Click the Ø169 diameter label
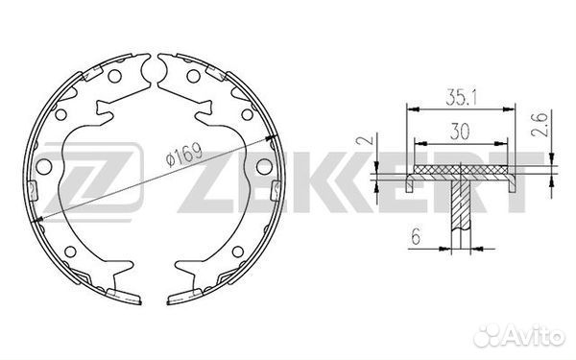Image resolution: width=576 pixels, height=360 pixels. (184, 155)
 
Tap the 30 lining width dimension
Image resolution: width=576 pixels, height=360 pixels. (460, 132)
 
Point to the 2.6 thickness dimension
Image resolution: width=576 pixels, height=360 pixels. (540, 125)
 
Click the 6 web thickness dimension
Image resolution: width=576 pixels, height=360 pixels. (416, 236)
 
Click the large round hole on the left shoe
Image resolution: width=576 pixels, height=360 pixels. (44, 167)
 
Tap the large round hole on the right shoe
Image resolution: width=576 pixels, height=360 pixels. (264, 166)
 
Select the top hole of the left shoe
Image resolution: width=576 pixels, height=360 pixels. (114, 76)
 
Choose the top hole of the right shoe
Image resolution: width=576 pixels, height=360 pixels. (193, 76)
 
